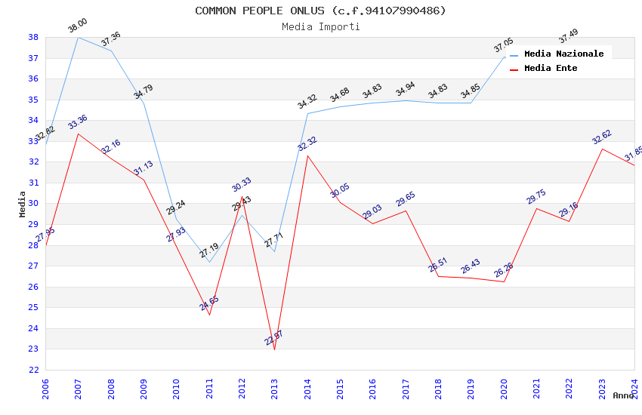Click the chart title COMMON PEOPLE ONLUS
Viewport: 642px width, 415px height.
(x=320, y=11)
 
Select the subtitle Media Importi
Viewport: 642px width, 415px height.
(x=320, y=26)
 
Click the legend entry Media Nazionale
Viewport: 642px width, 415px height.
(x=563, y=54)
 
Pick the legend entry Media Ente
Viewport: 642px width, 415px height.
(x=551, y=68)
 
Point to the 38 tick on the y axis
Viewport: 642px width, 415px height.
(x=33, y=37)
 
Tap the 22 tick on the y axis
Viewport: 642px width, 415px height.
(x=33, y=370)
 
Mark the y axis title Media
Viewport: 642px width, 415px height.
(x=23, y=204)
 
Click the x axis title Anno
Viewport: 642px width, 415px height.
(x=623, y=395)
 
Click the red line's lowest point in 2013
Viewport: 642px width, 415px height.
(x=274, y=349)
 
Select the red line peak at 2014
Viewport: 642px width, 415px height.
(x=307, y=155)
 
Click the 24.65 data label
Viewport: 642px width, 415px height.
(x=209, y=303)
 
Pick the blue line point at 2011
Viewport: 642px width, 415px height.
(x=209, y=262)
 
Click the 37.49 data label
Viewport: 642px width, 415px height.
(x=569, y=35)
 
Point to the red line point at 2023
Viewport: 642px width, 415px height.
(x=602, y=149)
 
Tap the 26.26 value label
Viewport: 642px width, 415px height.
(x=504, y=270)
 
